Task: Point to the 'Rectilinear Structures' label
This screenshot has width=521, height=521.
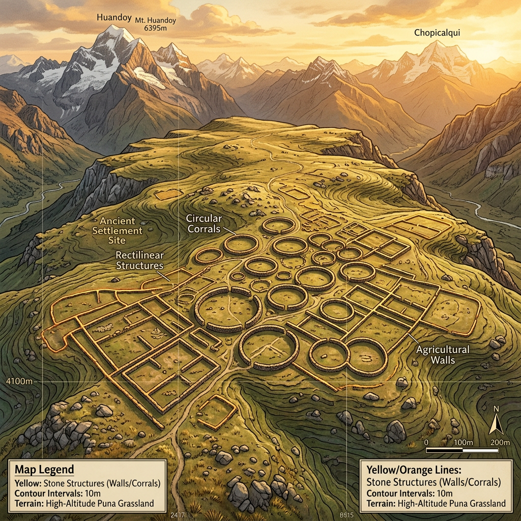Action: tap(139, 260)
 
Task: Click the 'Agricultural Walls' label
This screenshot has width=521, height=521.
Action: tap(442, 355)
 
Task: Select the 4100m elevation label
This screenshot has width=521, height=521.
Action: tap(15, 381)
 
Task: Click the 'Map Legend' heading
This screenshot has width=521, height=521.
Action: tap(44, 469)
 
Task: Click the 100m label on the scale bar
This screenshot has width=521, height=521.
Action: tap(462, 442)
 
